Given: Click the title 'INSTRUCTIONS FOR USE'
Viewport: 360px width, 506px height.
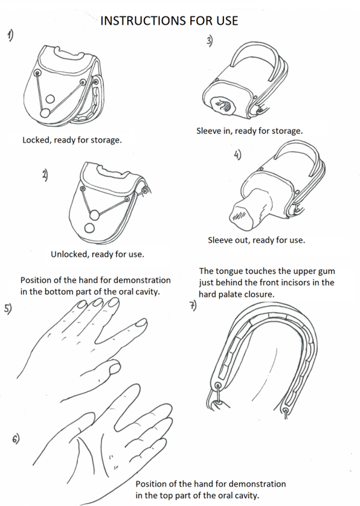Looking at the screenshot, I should click(x=169, y=21).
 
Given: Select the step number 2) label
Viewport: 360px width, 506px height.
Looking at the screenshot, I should click(x=45, y=175).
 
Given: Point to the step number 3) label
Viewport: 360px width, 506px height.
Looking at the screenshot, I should click(x=210, y=41).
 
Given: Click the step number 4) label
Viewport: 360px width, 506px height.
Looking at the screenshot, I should click(x=237, y=155).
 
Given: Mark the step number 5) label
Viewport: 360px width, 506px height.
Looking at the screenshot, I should click(x=8, y=309).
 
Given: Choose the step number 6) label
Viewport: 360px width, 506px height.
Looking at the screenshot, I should click(x=16, y=438).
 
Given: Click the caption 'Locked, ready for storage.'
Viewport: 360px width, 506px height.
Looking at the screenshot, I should click(x=72, y=140).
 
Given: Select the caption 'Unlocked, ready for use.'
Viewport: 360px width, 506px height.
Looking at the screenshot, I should click(x=97, y=254).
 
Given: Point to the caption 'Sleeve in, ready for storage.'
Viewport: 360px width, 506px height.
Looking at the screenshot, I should click(x=249, y=130).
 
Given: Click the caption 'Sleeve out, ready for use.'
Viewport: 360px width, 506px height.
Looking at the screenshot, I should click(x=256, y=240).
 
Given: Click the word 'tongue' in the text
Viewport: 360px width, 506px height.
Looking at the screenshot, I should click(x=231, y=271).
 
